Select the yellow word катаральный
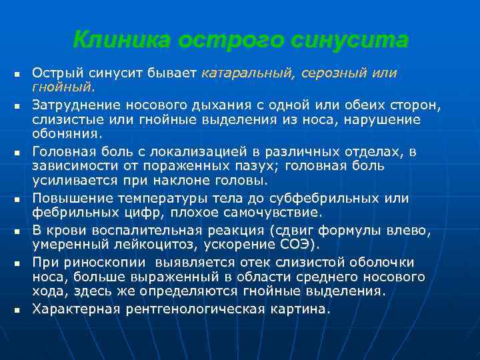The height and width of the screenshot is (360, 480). (243, 73)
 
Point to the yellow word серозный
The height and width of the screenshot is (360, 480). (333, 73)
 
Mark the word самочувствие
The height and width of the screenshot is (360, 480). (272, 213)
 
